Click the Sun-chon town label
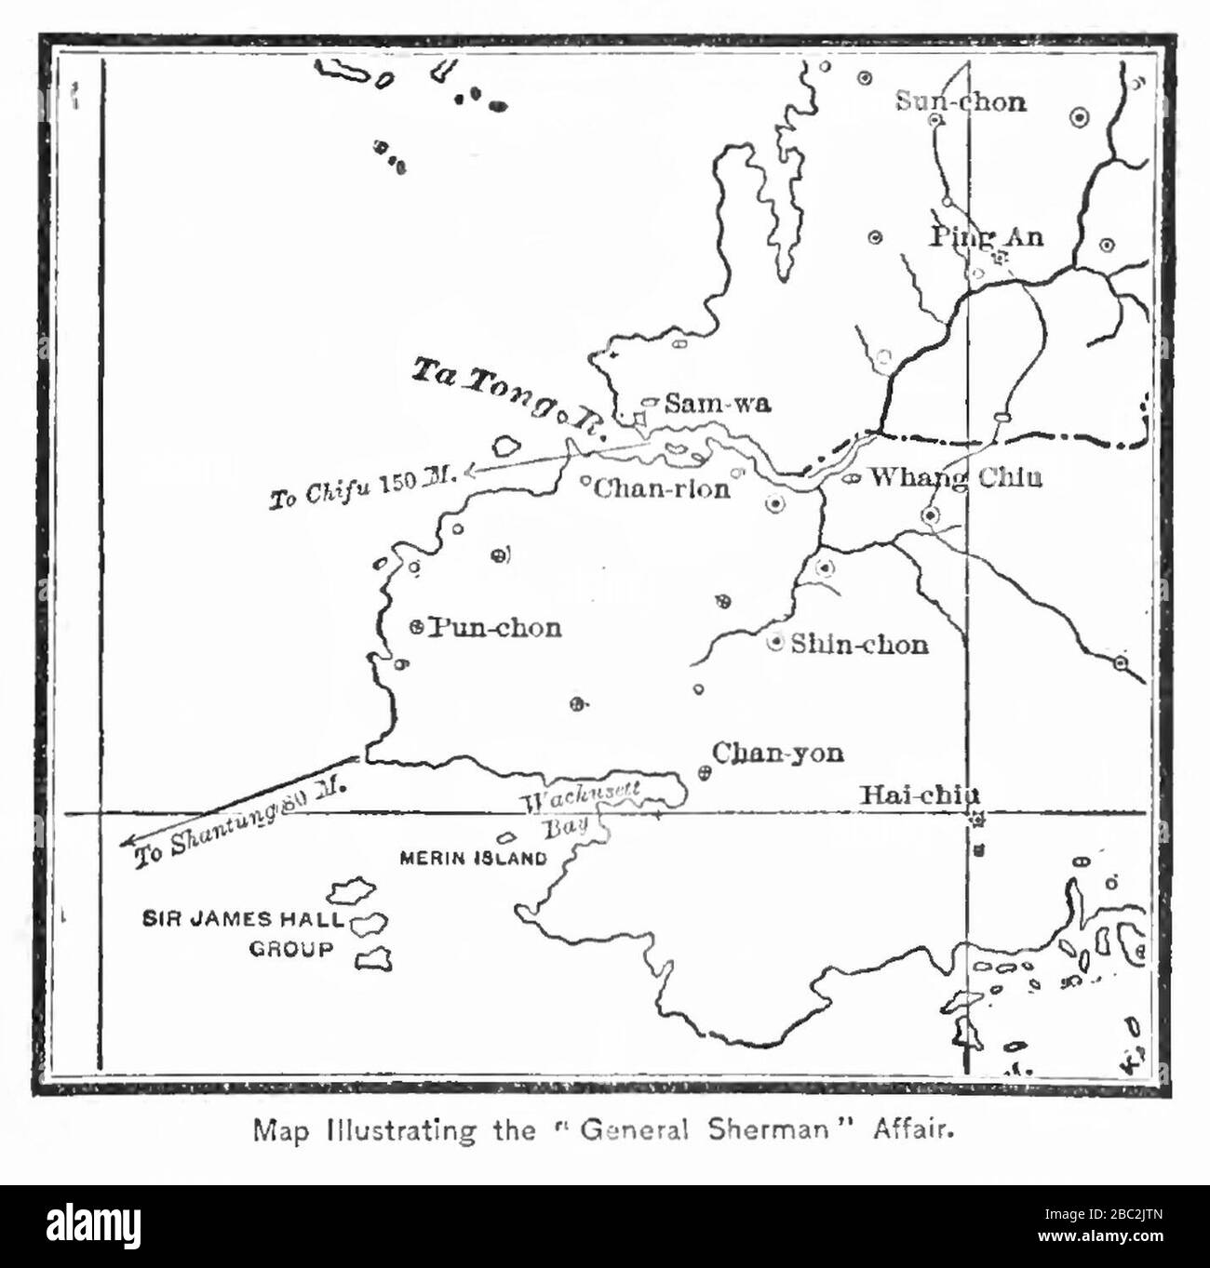point(961,101)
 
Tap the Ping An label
point(987,236)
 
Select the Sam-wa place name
point(718,403)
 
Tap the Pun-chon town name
point(494,628)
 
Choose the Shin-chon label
point(859,644)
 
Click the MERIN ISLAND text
point(473,859)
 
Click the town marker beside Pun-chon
point(418,627)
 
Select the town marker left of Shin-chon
point(775,643)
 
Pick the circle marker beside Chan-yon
point(705,771)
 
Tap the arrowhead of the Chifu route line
point(469,472)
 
